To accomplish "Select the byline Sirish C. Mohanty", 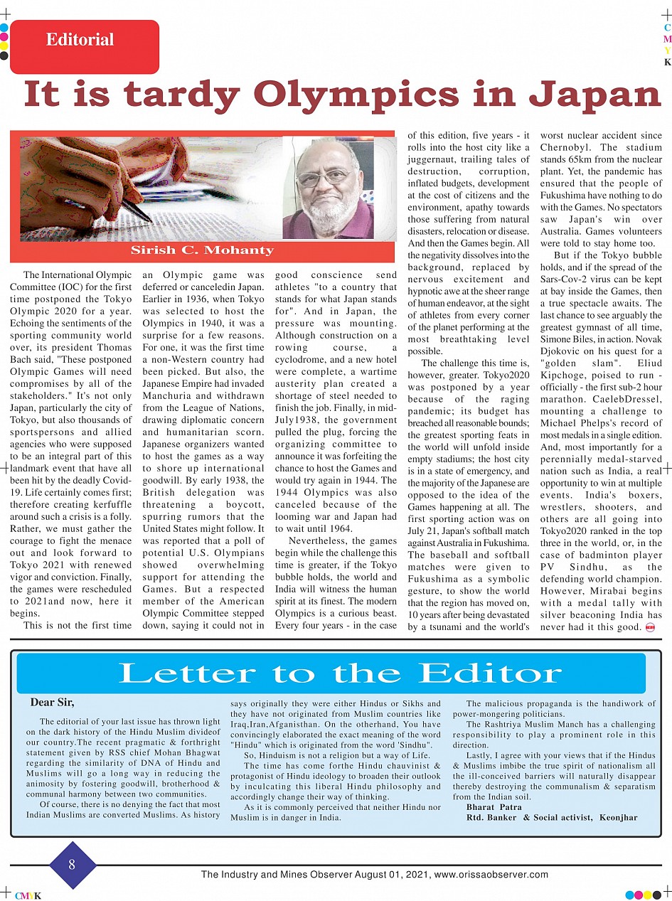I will (202, 250).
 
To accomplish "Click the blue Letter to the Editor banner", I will (331, 673).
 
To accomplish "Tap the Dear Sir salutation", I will (52, 703).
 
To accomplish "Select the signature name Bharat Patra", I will (494, 807).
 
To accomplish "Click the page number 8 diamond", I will (72, 865).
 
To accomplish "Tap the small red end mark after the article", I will (649, 627).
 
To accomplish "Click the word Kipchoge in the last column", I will (565, 375).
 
